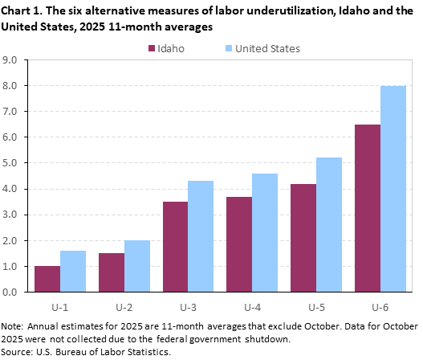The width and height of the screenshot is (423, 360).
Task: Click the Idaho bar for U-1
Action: pyautogui.click(x=47, y=279)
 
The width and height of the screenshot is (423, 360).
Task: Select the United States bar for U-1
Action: pyautogui.click(x=73, y=272)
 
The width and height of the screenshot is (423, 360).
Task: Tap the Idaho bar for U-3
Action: pyautogui.click(x=175, y=247)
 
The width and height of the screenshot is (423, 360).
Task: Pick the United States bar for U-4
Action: pyautogui.click(x=265, y=233)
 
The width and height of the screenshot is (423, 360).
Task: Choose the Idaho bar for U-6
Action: pyautogui.click(x=368, y=208)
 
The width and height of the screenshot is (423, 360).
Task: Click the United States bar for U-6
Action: pyautogui.click(x=393, y=189)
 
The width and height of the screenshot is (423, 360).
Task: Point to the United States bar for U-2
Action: pyautogui.click(x=137, y=266)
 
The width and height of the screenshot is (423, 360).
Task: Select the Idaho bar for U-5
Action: pyautogui.click(x=303, y=238)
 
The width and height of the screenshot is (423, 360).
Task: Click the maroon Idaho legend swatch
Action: pyautogui.click(x=150, y=48)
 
